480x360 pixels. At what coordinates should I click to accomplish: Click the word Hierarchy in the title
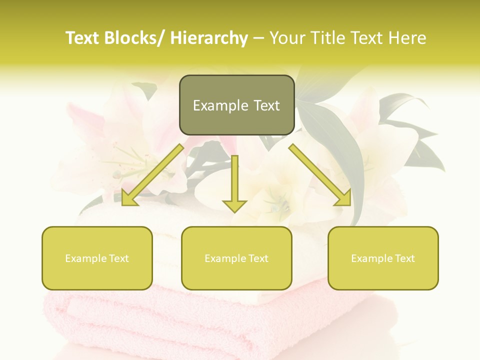pyautogui.click(x=209, y=38)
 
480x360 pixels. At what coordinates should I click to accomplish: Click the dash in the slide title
pyautogui.click(x=258, y=38)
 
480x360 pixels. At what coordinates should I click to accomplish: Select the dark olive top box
pyautogui.click(x=236, y=105)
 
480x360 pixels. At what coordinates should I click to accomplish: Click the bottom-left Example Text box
pyautogui.click(x=97, y=258)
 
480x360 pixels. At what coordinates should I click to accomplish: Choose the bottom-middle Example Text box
pyautogui.click(x=236, y=258)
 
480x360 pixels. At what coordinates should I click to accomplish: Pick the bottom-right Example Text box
pyautogui.click(x=383, y=258)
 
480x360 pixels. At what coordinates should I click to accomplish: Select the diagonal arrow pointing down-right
pyautogui.click(x=320, y=174)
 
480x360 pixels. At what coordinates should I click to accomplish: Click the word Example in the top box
pyautogui.click(x=213, y=105)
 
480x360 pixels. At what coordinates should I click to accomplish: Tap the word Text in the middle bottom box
pyautogui.click(x=258, y=258)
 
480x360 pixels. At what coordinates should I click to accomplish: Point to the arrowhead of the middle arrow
pyautogui.click(x=234, y=205)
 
